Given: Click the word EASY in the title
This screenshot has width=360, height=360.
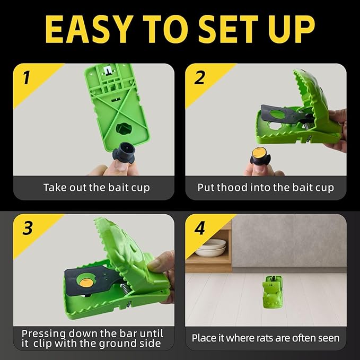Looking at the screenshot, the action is (x=89, y=29).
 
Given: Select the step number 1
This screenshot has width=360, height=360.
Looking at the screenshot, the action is (x=27, y=77).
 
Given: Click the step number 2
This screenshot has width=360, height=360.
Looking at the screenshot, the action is (x=199, y=77).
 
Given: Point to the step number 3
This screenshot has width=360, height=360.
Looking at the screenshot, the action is (x=28, y=228).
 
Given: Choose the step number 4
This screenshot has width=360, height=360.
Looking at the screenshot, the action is (x=199, y=228).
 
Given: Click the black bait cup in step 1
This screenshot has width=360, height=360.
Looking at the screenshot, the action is (x=124, y=153).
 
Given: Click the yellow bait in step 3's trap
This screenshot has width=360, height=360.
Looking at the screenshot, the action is (x=86, y=283).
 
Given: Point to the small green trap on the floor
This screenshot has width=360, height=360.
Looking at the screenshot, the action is (x=273, y=292).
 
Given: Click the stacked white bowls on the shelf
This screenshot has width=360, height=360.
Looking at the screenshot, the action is (x=212, y=248).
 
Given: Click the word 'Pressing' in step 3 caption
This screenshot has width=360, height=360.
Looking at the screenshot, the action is (x=43, y=334).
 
